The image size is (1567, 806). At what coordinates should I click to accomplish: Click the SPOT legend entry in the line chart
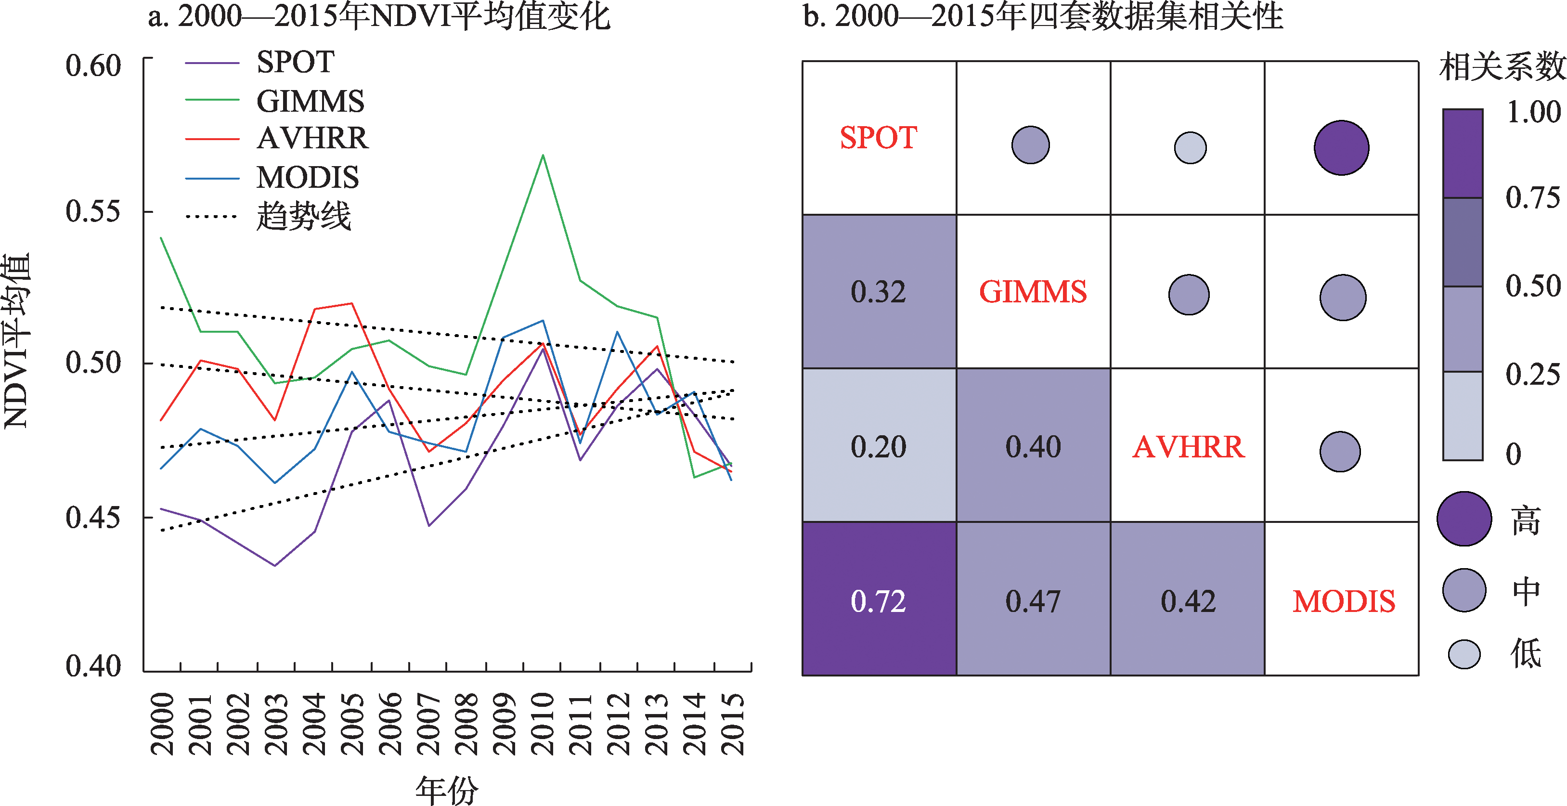(295, 62)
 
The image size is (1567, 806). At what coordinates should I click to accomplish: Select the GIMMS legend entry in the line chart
(310, 101)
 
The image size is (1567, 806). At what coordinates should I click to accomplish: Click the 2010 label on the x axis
(543, 723)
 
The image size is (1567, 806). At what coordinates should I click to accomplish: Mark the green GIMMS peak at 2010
(543, 156)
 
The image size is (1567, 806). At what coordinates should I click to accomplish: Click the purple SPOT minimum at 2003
(275, 565)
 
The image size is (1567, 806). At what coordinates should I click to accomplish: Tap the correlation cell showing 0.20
(879, 446)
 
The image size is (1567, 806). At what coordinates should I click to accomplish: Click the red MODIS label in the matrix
(1343, 601)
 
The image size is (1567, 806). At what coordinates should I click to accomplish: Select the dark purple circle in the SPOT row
(1341, 148)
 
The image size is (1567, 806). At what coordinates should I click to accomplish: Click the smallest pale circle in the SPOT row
(1190, 148)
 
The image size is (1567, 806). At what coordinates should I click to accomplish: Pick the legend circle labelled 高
(1464, 519)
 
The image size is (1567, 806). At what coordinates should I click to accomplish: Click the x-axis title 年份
(447, 790)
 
